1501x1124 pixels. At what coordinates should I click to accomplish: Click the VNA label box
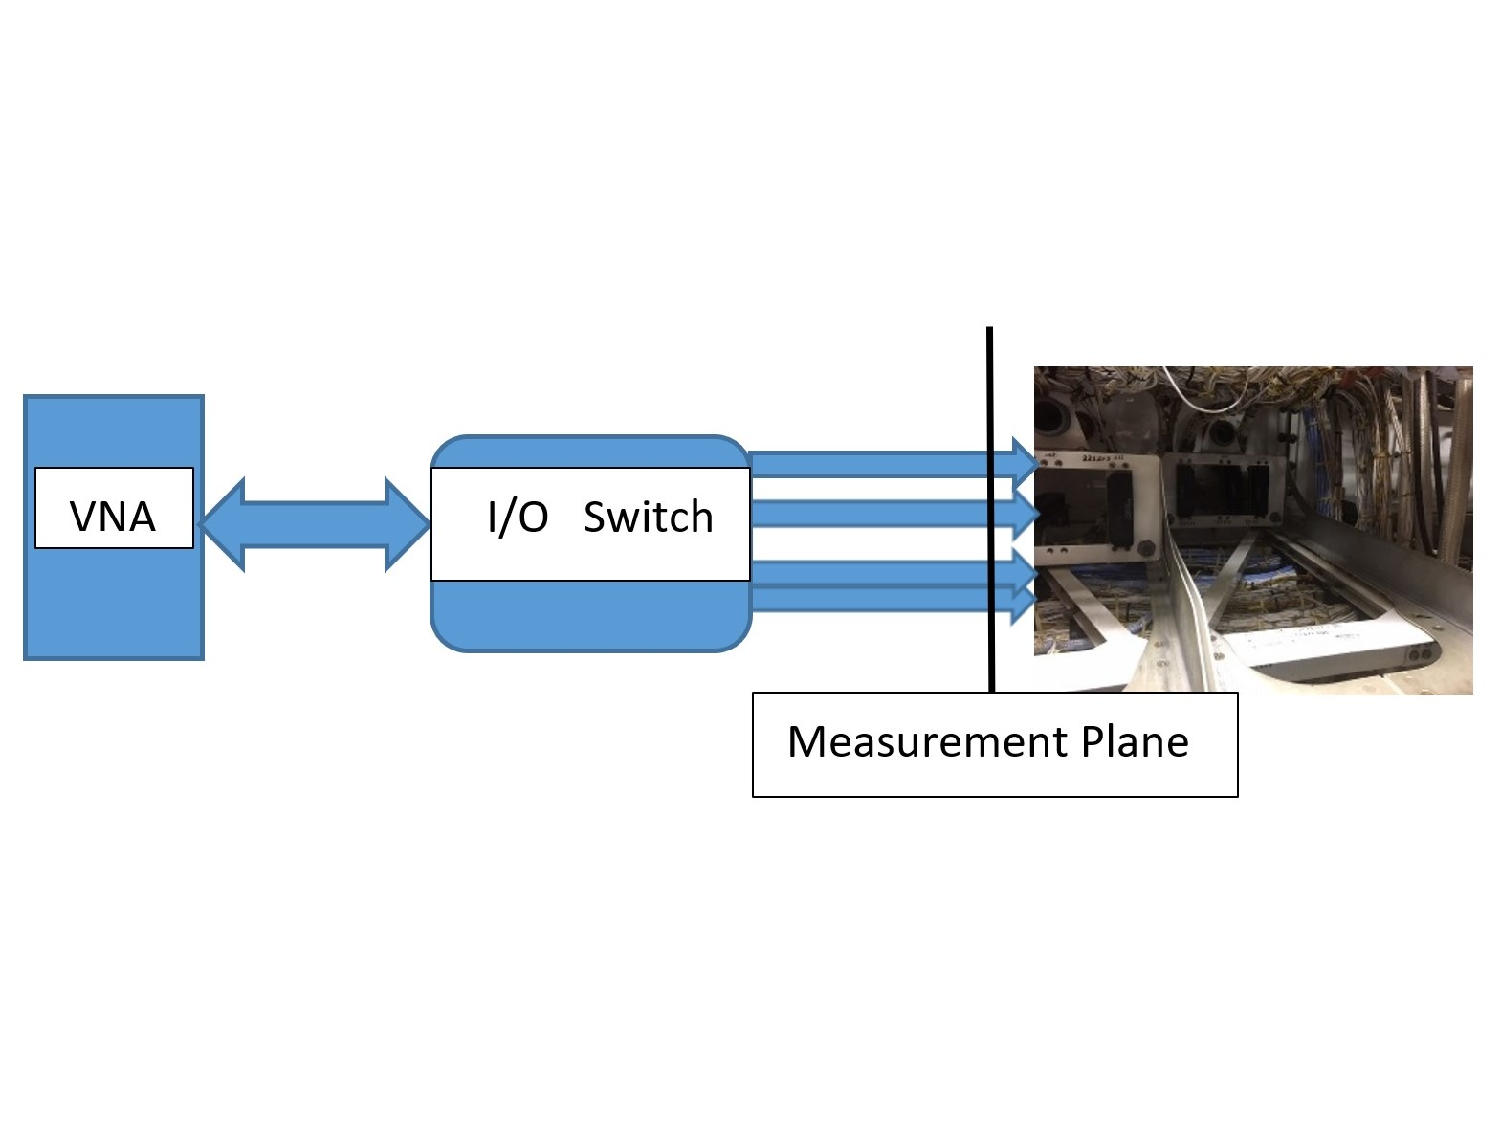[x=113, y=508]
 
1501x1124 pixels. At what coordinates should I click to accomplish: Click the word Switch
[x=648, y=518]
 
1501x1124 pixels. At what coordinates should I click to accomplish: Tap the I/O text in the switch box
[x=518, y=518]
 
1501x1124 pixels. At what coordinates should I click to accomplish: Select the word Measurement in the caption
[x=926, y=742]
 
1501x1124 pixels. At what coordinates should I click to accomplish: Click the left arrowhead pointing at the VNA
[x=218, y=524]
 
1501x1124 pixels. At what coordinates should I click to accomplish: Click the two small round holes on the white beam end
[x=1420, y=654]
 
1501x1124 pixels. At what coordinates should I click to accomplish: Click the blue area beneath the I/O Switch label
[x=589, y=615]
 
